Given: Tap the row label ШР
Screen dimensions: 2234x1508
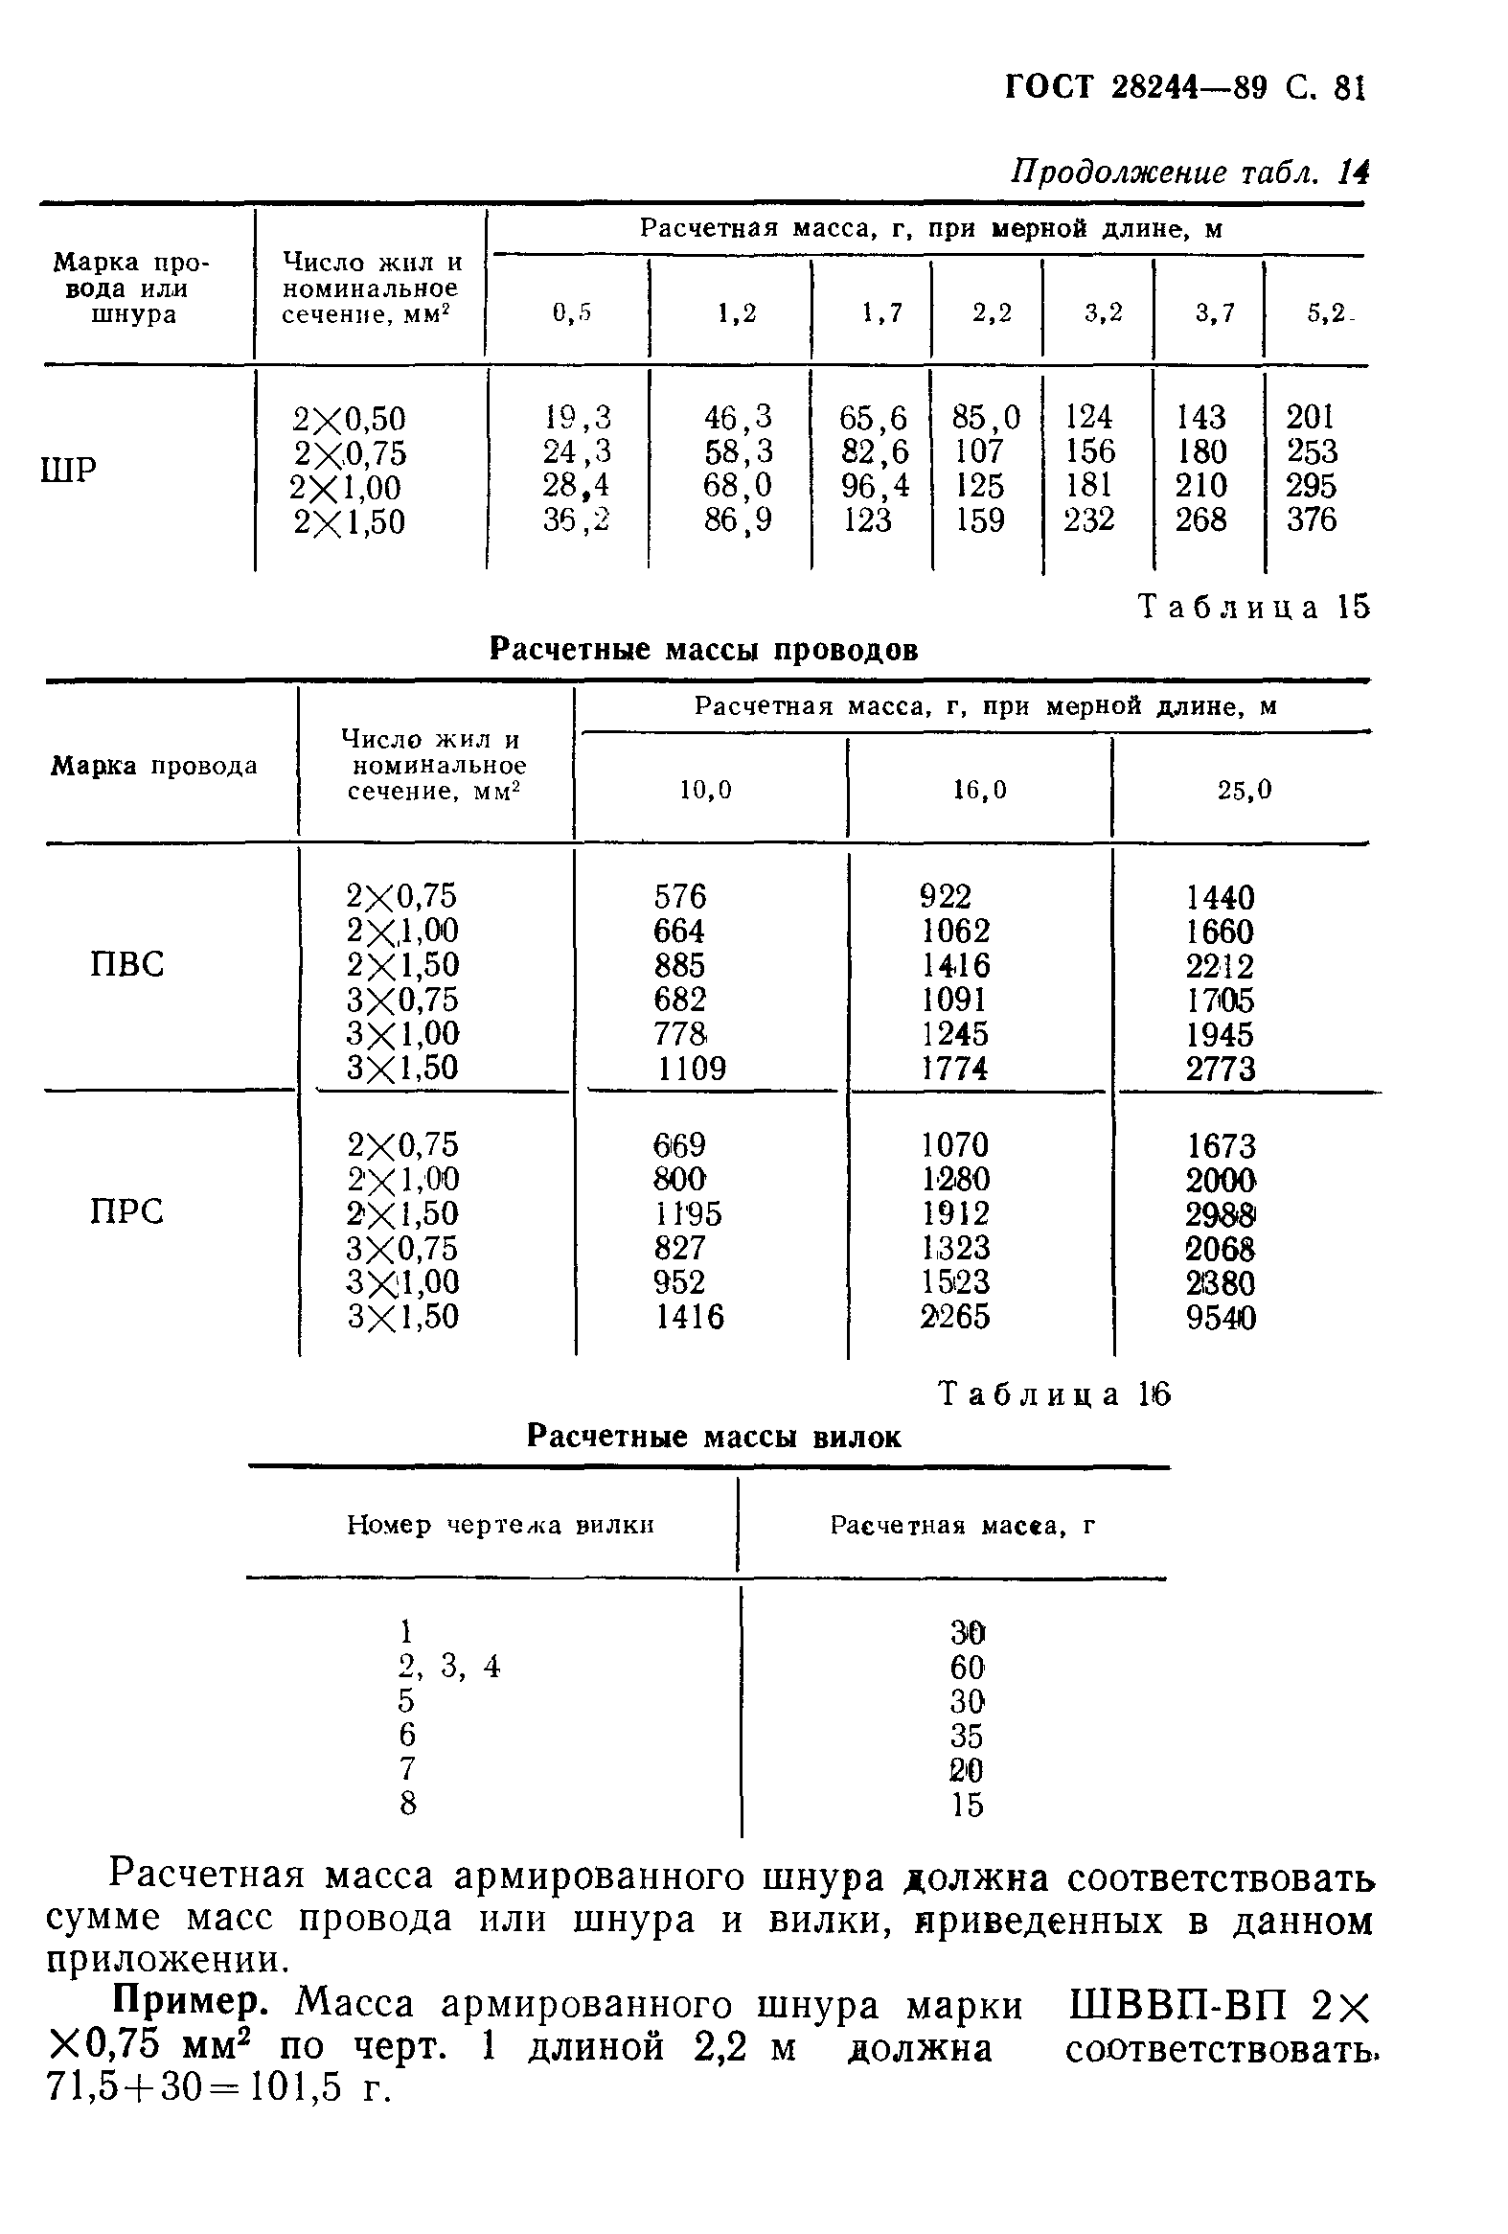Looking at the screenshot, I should click(x=69, y=470).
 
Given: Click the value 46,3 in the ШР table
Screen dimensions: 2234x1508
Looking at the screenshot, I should click(x=737, y=417).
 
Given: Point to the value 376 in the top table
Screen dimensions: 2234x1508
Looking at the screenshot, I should click(x=1311, y=520).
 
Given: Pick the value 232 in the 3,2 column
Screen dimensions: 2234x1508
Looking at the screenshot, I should click(x=1088, y=520).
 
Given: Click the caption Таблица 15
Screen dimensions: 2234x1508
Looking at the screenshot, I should click(x=1253, y=607).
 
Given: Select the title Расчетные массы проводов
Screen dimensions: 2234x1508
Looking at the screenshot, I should click(x=703, y=650).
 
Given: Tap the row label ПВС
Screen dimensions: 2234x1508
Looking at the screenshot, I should click(x=126, y=963).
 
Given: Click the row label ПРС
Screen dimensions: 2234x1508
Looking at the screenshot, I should click(x=126, y=1211).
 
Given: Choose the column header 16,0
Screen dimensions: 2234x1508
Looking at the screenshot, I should click(x=979, y=790).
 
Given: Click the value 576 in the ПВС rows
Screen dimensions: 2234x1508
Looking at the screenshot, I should click(x=679, y=897).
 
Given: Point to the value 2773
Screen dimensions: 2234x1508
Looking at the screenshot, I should click(x=1220, y=1069).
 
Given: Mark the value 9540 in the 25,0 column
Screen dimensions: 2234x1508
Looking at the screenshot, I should click(x=1220, y=1317).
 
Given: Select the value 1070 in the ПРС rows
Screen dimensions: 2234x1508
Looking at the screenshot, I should click(x=954, y=1145).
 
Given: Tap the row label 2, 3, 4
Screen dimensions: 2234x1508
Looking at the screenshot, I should click(x=448, y=1665).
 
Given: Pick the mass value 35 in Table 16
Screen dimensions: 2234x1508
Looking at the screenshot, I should click(x=967, y=1735).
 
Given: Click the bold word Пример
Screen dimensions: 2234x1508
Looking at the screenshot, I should click(x=190, y=2005).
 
